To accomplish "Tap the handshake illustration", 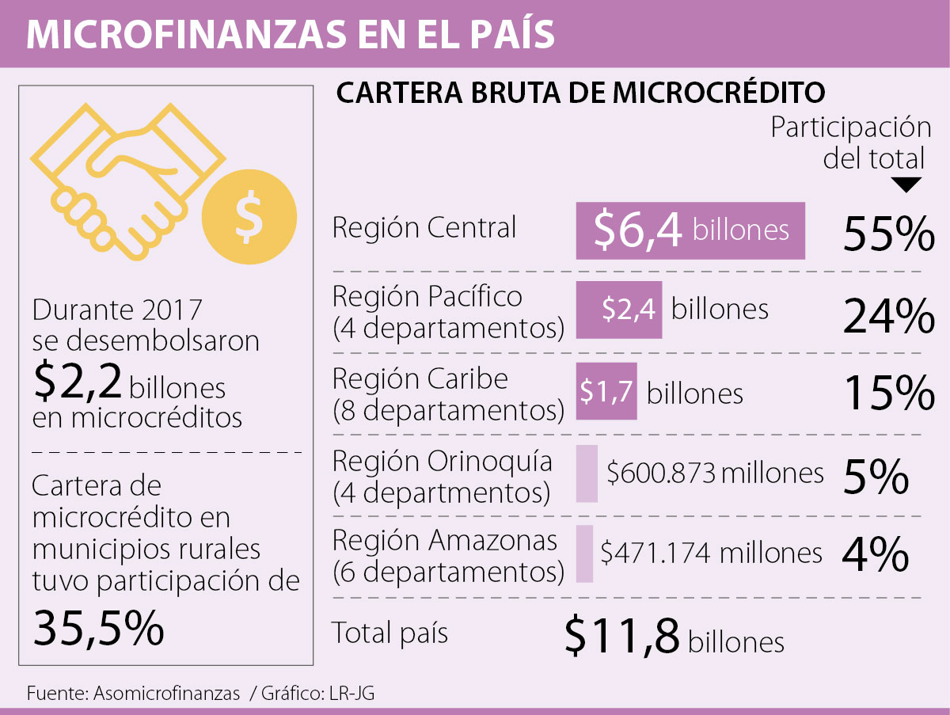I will [x=127, y=174].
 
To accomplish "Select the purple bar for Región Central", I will [x=690, y=230].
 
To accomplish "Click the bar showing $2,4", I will [x=618, y=310].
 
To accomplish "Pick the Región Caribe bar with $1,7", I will [x=606, y=391].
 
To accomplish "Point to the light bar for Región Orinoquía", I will [x=587, y=473].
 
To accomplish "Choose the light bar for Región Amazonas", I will [x=584, y=553].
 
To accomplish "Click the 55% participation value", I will [x=889, y=234].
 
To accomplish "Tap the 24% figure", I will [x=889, y=317].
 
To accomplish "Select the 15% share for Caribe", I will [x=889, y=394].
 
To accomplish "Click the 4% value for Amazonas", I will [x=875, y=555].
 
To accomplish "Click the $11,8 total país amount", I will [x=622, y=635].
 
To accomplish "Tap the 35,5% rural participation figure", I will [x=98, y=629].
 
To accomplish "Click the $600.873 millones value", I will [x=715, y=473].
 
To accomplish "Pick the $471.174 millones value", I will [x=711, y=553].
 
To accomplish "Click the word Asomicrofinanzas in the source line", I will [x=166, y=694].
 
